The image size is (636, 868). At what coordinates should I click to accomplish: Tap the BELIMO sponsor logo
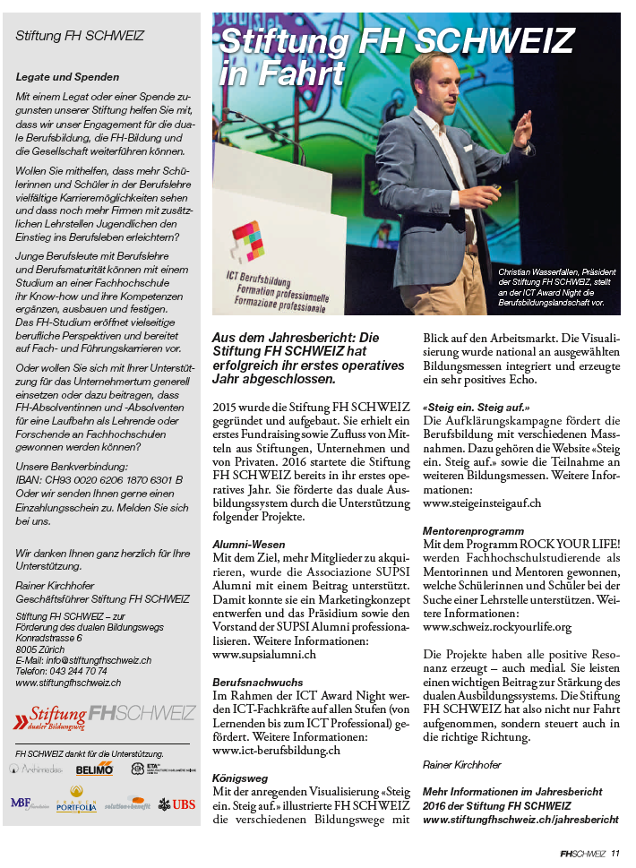point(94,769)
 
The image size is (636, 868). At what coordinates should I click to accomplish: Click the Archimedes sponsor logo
point(38,769)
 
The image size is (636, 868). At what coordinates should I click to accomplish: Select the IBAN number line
point(99,479)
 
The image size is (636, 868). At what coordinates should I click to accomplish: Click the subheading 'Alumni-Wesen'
point(249,544)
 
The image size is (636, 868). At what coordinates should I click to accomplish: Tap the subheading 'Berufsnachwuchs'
point(258,681)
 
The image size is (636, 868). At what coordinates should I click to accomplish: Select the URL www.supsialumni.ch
point(263,655)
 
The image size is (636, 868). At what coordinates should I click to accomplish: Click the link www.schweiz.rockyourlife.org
point(496,627)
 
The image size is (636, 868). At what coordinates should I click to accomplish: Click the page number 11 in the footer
point(616,853)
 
